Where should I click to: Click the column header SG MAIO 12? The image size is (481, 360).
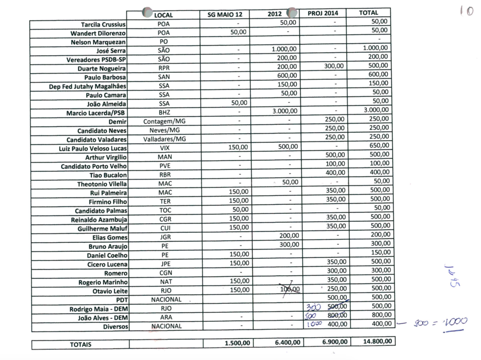[225, 15]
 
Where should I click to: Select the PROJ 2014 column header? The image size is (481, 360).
[323, 14]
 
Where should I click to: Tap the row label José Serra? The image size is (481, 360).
[111, 51]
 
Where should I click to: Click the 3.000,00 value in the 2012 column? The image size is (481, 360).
[285, 111]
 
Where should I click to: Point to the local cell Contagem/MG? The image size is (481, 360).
[164, 121]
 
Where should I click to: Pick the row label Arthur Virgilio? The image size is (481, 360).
[106, 157]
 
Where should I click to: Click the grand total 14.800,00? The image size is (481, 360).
[377, 341]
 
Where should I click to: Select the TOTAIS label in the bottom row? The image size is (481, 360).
[80, 344]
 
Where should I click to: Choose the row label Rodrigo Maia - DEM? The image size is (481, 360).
[98, 309]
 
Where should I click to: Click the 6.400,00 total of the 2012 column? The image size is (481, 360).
[287, 342]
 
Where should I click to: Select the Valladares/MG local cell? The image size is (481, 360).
[164, 139]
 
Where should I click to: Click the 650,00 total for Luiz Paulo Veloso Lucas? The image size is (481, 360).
[379, 146]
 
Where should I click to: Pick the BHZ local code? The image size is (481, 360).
[164, 112]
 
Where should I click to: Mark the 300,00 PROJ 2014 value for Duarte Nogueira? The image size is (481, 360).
[334, 66]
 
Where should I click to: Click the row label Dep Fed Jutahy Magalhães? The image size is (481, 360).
[87, 87]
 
